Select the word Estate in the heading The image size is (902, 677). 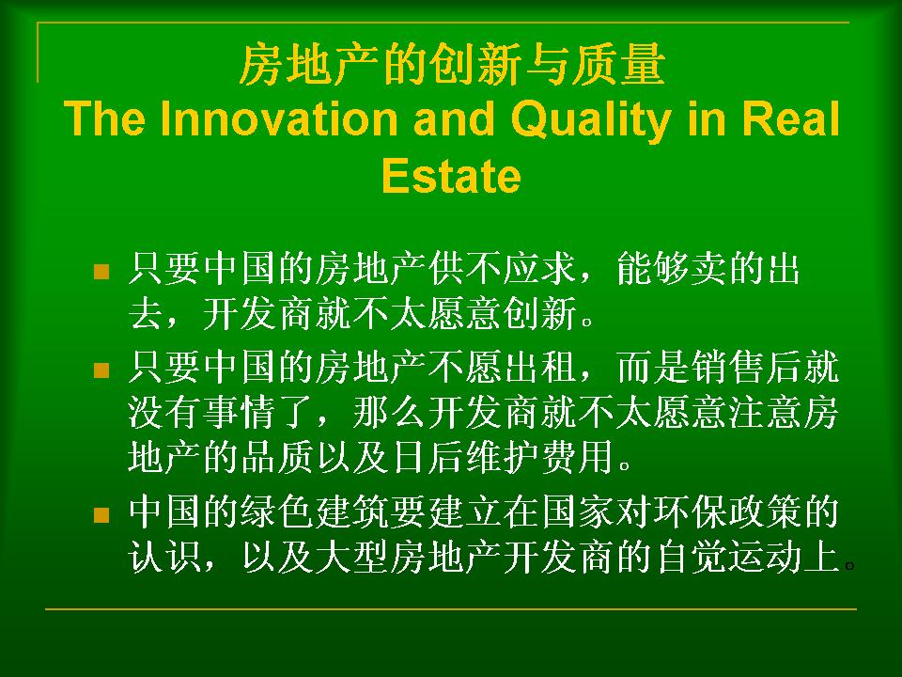pyautogui.click(x=451, y=175)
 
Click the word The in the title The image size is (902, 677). pyautogui.click(x=104, y=118)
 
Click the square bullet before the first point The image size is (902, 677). pyautogui.click(x=101, y=272)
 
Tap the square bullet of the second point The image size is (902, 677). pyautogui.click(x=101, y=370)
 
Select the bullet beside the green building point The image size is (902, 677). pyautogui.click(x=101, y=514)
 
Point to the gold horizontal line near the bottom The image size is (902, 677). pyautogui.click(x=451, y=608)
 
